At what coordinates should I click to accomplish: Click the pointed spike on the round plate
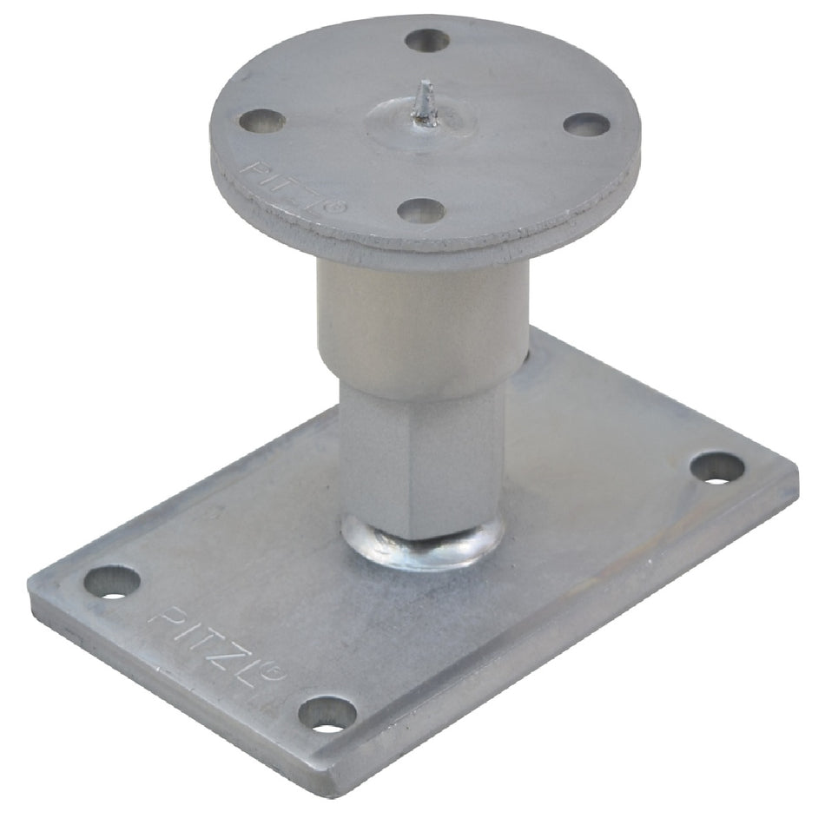click(x=426, y=104)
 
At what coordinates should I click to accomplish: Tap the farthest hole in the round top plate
click(x=427, y=41)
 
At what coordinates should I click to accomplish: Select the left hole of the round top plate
click(x=262, y=121)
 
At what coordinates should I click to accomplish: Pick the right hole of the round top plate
click(x=586, y=124)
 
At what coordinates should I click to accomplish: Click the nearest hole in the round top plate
click(x=421, y=211)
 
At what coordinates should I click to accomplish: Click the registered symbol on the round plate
click(x=338, y=207)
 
